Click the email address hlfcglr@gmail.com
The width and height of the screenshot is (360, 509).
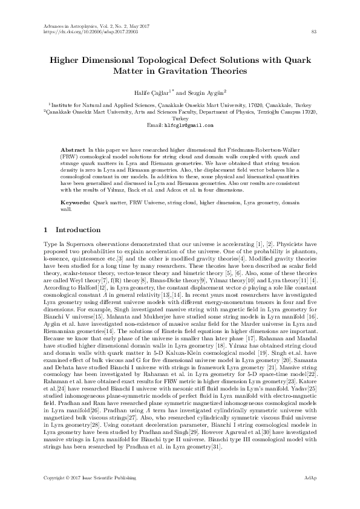(189, 126)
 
